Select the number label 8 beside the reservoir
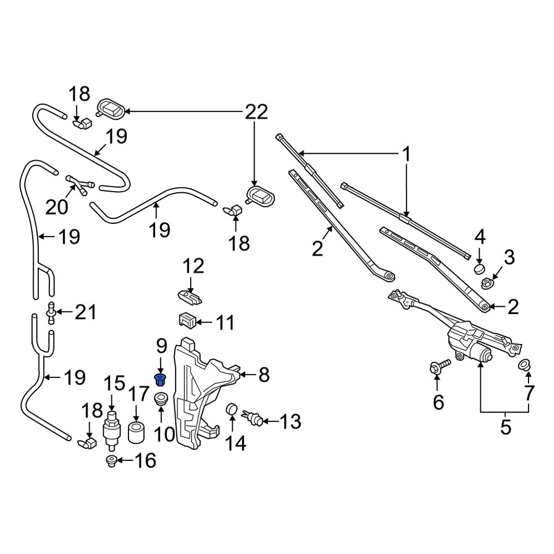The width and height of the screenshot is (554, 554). [264, 375]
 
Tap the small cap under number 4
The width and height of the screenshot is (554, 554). [479, 270]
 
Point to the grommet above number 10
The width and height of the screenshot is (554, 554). [161, 399]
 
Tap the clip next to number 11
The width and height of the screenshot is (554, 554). [186, 320]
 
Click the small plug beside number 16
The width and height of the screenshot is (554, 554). [111, 460]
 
